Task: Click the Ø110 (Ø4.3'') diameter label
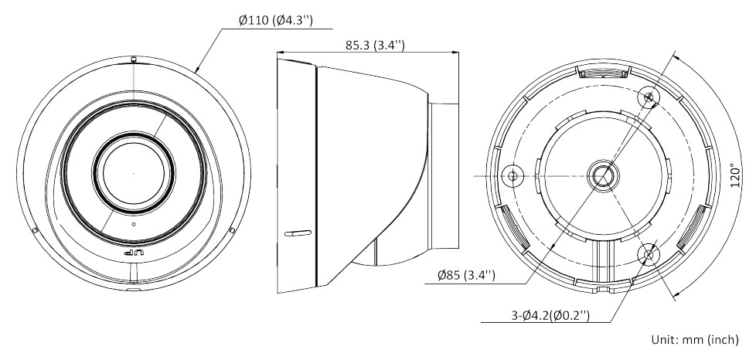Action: point(276,21)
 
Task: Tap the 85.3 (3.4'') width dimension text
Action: point(375,46)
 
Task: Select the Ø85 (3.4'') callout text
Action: point(466,276)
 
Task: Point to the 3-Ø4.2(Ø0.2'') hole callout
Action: point(550,315)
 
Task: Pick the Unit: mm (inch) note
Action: point(695,339)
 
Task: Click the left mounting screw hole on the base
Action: point(513,175)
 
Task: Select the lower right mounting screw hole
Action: point(649,253)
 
